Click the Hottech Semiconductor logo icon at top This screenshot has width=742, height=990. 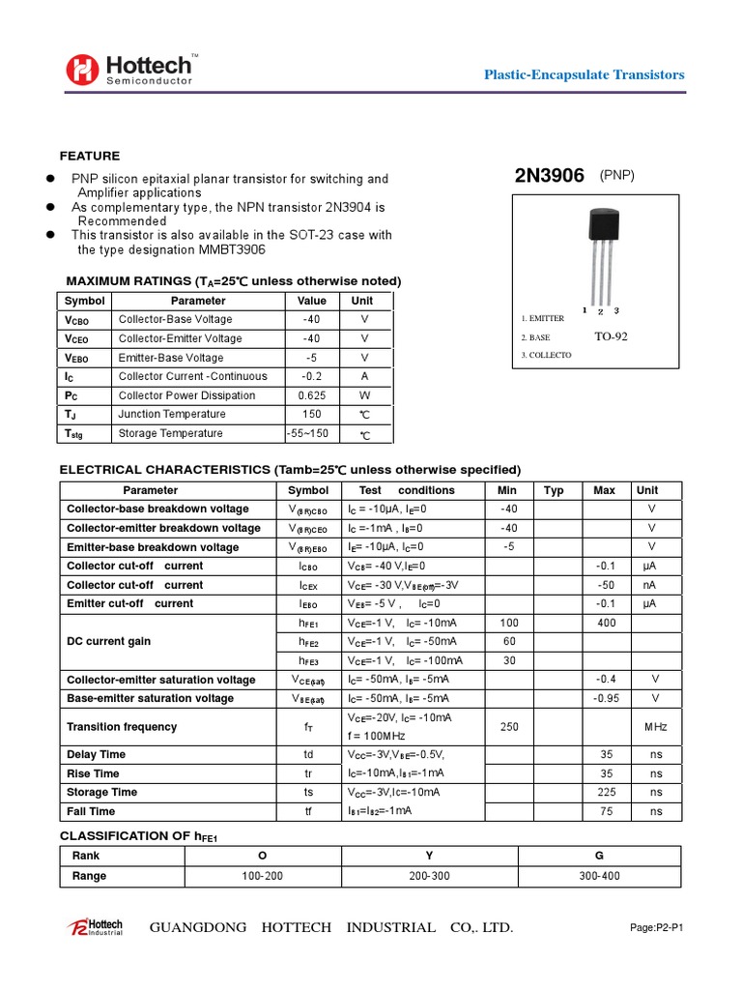click(x=83, y=69)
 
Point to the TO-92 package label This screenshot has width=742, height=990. click(x=610, y=337)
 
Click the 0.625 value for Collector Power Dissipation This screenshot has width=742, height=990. click(x=311, y=395)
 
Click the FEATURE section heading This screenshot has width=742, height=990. click(x=90, y=156)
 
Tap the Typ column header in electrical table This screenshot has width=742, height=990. click(x=554, y=490)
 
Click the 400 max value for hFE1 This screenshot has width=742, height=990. click(x=606, y=623)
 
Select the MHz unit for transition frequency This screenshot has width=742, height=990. click(x=655, y=727)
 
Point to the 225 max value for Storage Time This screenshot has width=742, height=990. click(x=606, y=792)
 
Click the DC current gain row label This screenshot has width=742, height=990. click(x=108, y=642)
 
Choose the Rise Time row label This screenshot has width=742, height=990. click(x=93, y=773)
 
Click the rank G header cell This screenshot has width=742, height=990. click(x=599, y=856)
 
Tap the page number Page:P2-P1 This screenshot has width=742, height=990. click(x=656, y=928)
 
